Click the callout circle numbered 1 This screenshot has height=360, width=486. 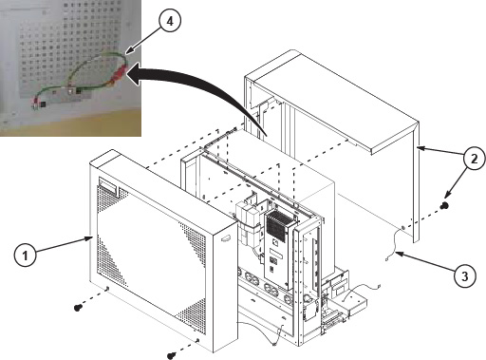pyautogui.click(x=25, y=255)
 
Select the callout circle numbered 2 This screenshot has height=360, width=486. pyautogui.click(x=474, y=159)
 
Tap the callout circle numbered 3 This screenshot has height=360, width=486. pyautogui.click(x=464, y=276)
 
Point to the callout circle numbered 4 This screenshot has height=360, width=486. pyautogui.click(x=170, y=21)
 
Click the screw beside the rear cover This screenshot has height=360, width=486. pyautogui.click(x=444, y=205)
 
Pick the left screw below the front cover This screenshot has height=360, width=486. pyautogui.click(x=77, y=307)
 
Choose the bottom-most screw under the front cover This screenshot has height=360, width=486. pyautogui.click(x=171, y=355)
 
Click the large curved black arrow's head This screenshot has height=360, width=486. pyautogui.click(x=135, y=73)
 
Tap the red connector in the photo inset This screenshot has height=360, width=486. pyautogui.click(x=121, y=72)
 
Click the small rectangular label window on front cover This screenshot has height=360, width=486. pyautogui.click(x=108, y=185)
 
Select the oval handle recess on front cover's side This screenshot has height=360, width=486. pyautogui.click(x=225, y=239)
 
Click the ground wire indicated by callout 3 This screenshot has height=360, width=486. pyautogui.click(x=394, y=245)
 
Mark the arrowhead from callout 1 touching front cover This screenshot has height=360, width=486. pyautogui.click(x=87, y=239)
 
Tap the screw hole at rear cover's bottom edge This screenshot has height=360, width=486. pyautogui.click(x=402, y=227)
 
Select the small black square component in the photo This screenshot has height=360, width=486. pyautogui.click(x=43, y=104)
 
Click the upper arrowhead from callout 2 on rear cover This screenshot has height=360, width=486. pyautogui.click(x=421, y=148)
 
